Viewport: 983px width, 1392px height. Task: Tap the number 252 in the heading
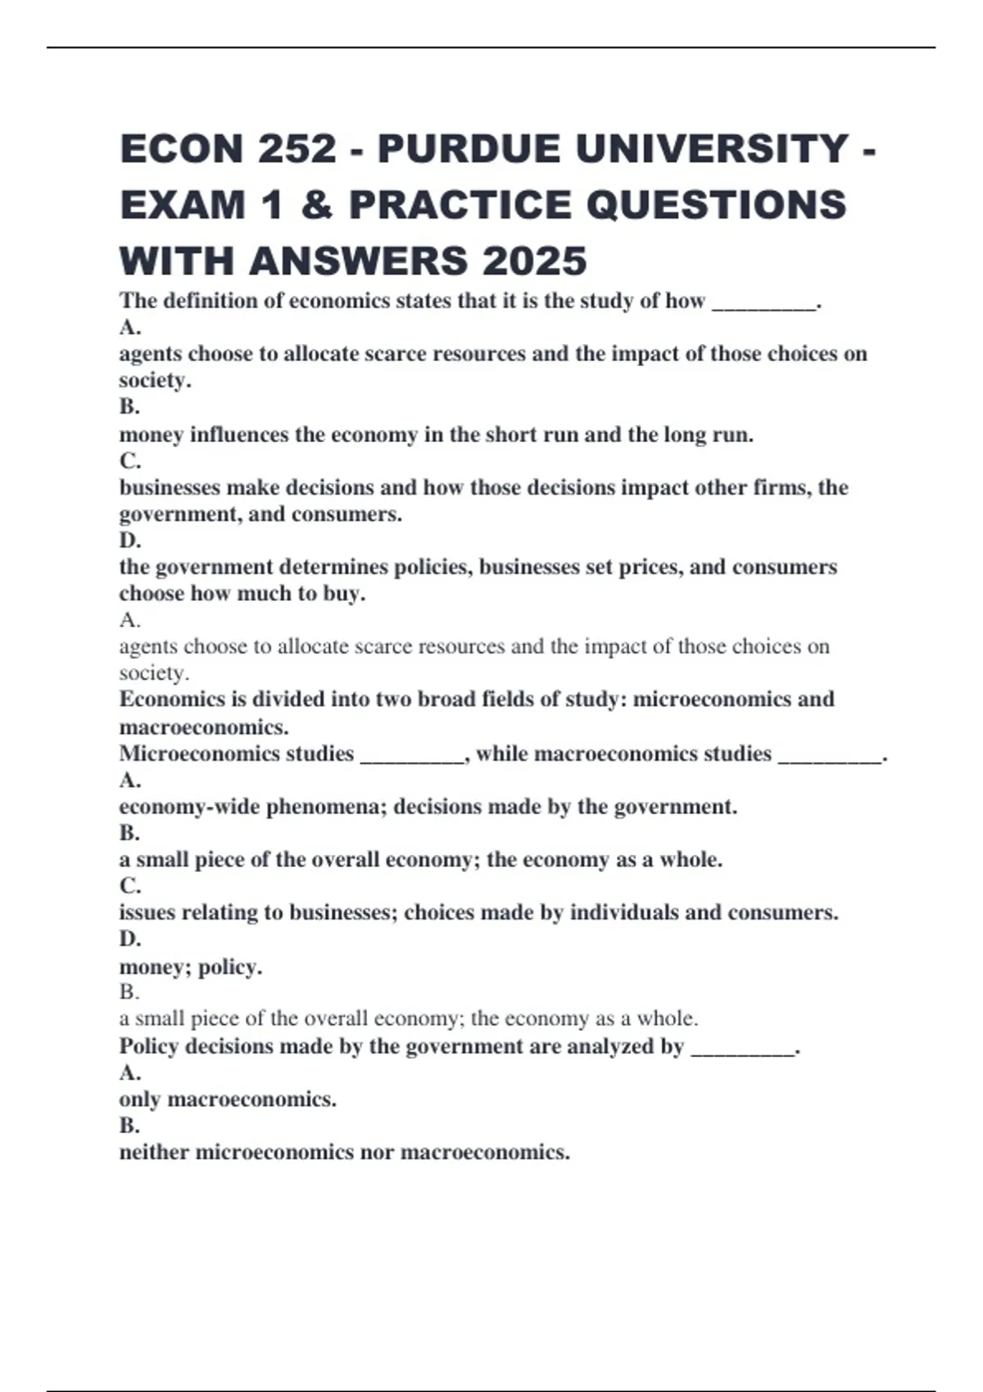(x=297, y=149)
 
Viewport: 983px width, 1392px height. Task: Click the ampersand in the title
(x=310, y=205)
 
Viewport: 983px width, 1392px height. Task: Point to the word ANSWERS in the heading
(x=360, y=261)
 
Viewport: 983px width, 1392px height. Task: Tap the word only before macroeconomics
(x=139, y=1100)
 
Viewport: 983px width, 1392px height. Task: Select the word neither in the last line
(x=154, y=1153)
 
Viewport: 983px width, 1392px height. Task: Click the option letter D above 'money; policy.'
(x=129, y=939)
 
